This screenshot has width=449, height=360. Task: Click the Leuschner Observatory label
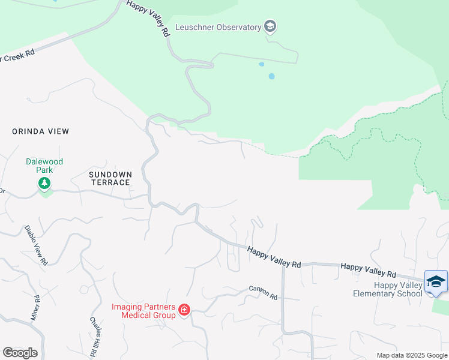(218, 27)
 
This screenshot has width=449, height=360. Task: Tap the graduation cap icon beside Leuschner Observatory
(270, 26)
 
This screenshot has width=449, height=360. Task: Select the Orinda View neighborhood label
(41, 131)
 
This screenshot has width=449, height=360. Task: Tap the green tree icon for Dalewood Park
(44, 184)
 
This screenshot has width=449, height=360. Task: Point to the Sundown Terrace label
(109, 178)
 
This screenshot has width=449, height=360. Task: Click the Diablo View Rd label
(36, 245)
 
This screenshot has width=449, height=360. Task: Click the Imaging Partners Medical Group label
(143, 310)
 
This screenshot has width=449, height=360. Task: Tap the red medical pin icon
(184, 310)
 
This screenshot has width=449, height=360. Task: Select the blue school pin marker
(436, 282)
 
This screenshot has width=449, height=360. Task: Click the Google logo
(20, 353)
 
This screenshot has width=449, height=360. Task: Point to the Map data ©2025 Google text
(411, 355)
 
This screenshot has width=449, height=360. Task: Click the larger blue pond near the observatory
(272, 76)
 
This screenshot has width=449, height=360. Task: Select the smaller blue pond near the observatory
(261, 64)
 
